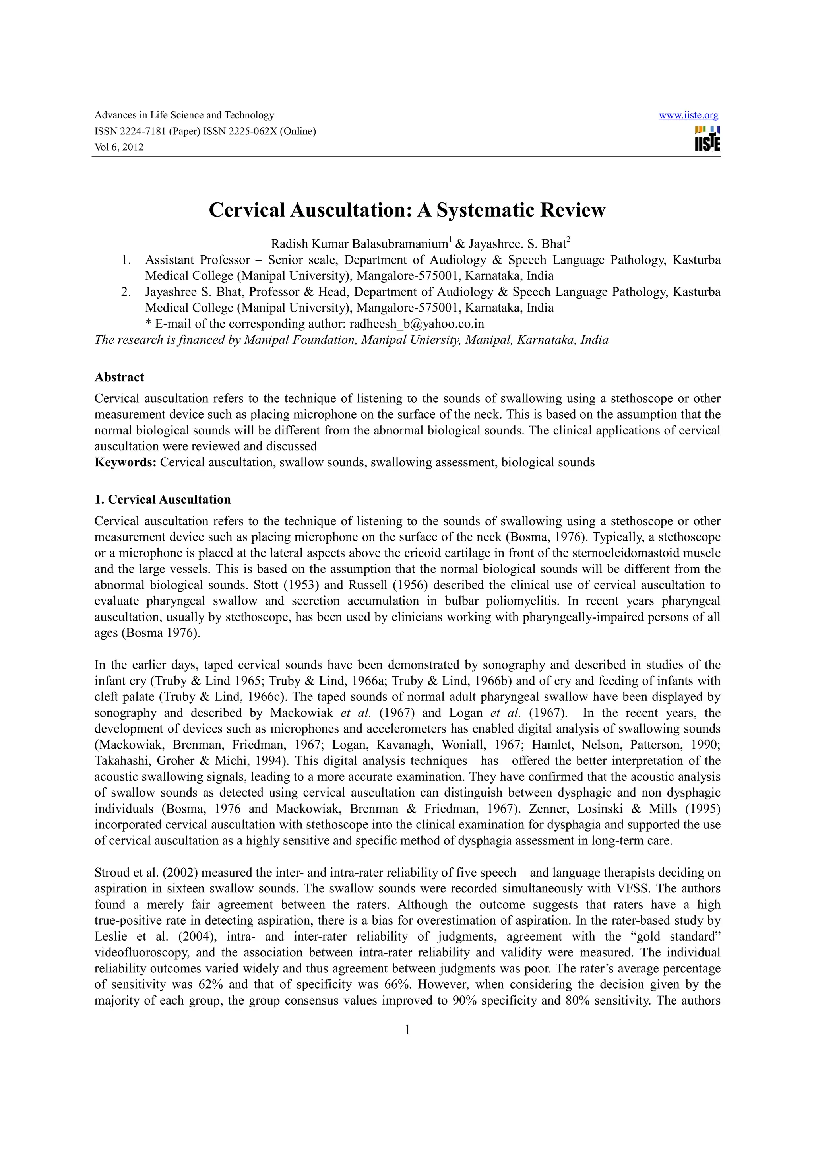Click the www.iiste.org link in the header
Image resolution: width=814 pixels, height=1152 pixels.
pyautogui.click(x=688, y=115)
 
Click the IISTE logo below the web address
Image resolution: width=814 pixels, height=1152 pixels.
pyautogui.click(x=707, y=138)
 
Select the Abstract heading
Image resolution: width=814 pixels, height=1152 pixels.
pyautogui.click(x=119, y=377)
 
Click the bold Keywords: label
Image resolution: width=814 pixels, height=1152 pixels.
pyautogui.click(x=125, y=462)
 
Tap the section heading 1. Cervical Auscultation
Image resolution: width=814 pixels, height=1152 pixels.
pyautogui.click(x=163, y=499)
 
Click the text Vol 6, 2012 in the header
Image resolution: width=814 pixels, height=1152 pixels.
pyautogui.click(x=119, y=147)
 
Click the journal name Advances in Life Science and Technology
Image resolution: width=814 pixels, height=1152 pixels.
pyautogui.click(x=184, y=115)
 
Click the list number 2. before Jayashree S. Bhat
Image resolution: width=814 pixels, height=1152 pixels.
pyautogui.click(x=126, y=292)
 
